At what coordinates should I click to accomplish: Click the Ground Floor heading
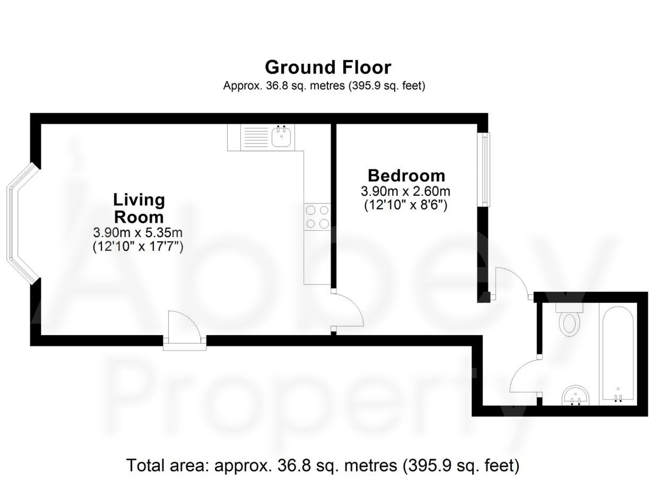click(328, 68)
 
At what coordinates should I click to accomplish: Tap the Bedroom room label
click(406, 176)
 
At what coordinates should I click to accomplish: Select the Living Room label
click(139, 209)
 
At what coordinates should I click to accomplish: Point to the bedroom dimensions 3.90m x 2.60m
click(405, 191)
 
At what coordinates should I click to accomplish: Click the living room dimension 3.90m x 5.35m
click(138, 233)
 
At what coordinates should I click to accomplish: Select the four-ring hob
click(317, 217)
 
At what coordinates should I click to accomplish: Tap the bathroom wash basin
click(576, 395)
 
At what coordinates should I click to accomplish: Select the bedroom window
click(483, 169)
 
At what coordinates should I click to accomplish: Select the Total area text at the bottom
click(323, 465)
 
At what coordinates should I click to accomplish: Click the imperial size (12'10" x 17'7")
click(138, 247)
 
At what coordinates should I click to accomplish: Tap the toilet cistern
click(569, 308)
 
